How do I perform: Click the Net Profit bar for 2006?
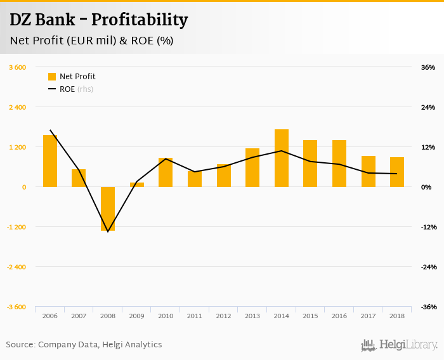(x=50, y=161)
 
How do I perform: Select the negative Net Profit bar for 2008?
(x=108, y=209)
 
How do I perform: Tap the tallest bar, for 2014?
(x=282, y=158)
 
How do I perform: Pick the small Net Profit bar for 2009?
(x=137, y=184)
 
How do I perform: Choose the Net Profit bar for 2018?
(x=397, y=172)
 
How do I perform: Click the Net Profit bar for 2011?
(x=195, y=179)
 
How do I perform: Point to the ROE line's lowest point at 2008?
(x=108, y=231)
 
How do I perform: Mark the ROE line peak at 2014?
(x=282, y=151)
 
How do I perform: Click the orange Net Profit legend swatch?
(x=52, y=77)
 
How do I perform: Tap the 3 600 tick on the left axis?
(x=17, y=67)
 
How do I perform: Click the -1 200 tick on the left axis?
(x=16, y=227)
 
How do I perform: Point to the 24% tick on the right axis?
(x=428, y=107)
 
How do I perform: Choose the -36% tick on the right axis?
(x=428, y=307)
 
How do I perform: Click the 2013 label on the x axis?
(x=252, y=316)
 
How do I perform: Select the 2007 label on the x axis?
(x=79, y=316)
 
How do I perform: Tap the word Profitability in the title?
(x=140, y=20)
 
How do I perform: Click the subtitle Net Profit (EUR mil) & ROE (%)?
(x=92, y=41)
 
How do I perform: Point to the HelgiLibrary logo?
(x=399, y=345)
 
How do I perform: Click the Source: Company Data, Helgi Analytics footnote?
(x=84, y=345)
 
